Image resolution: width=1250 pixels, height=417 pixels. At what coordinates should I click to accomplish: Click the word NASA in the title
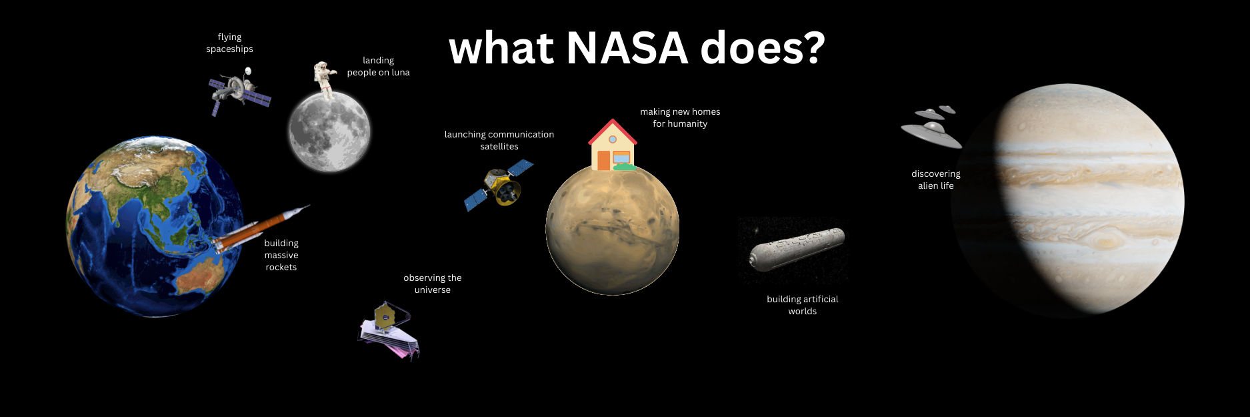[627, 48]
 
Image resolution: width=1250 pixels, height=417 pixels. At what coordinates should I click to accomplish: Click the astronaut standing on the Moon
[325, 80]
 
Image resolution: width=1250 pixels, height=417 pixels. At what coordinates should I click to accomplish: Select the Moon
[329, 131]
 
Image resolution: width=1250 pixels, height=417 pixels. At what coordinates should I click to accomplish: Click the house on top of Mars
[613, 145]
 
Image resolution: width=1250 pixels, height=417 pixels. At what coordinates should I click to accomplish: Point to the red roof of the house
[613, 129]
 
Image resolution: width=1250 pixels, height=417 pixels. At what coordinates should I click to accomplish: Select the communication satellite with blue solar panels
[499, 185]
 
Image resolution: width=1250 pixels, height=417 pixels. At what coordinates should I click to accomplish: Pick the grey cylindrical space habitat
[796, 249]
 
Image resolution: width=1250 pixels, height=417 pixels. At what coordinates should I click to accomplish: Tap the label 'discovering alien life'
[936, 179]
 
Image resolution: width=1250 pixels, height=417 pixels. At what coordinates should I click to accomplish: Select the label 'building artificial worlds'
[803, 305]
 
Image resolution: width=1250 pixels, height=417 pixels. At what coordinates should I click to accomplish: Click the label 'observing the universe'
[433, 284]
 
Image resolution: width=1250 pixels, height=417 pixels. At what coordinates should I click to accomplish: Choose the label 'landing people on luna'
[378, 66]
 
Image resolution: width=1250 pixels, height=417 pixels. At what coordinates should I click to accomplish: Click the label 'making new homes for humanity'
[680, 117]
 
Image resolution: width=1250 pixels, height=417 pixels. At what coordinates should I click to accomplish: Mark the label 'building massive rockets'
[281, 255]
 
